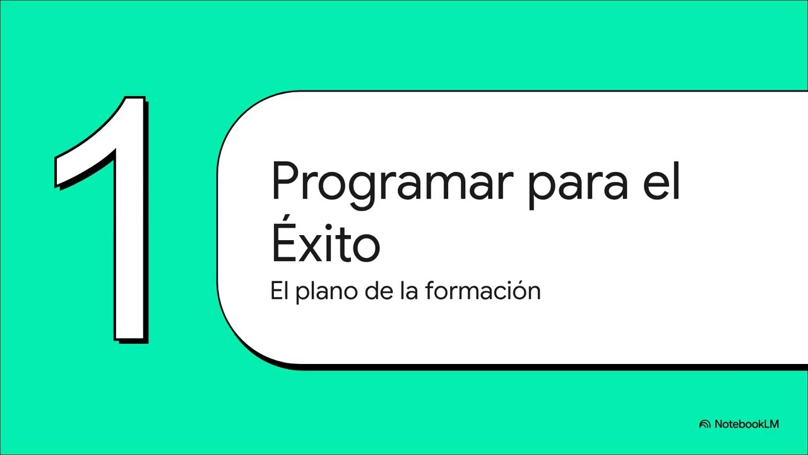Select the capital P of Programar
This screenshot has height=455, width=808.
(283, 180)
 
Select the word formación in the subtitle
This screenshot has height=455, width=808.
(483, 291)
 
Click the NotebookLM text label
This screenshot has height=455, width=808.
(747, 424)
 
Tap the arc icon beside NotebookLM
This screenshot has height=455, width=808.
(705, 425)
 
